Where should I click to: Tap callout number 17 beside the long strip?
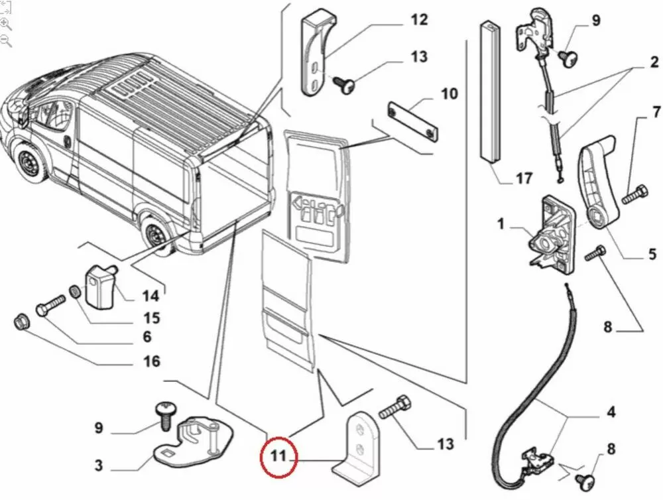[x=523, y=178]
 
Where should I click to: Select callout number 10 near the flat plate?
[x=449, y=94]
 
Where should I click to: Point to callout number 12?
[x=419, y=20]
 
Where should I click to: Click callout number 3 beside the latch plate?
[x=98, y=466]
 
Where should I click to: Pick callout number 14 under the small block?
[x=151, y=296]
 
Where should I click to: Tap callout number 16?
[x=152, y=361]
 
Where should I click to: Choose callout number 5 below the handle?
[x=652, y=253]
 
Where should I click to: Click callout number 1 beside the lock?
[x=501, y=224]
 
